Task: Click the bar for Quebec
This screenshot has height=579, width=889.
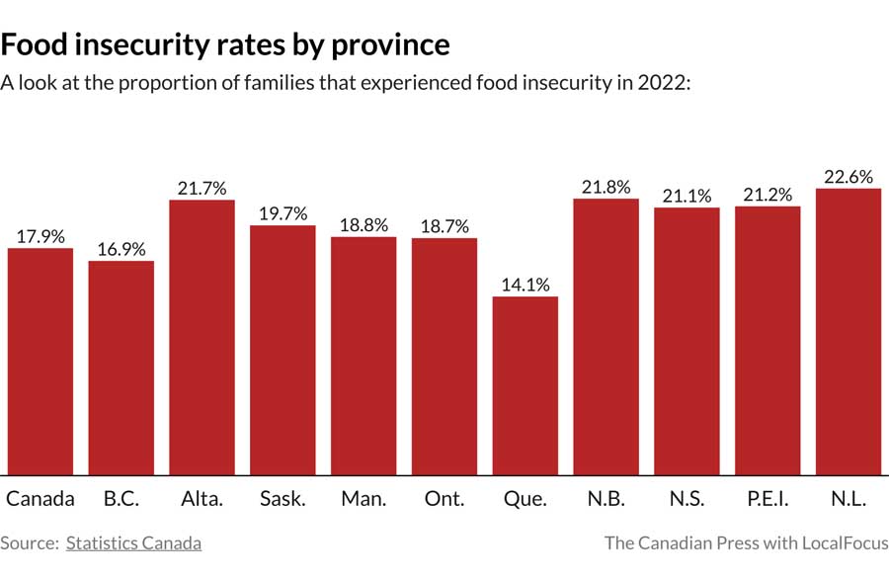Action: (525, 385)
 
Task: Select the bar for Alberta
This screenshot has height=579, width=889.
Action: (202, 337)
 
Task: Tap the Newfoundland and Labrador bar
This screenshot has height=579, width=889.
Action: (848, 331)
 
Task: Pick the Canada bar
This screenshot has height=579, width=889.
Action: (40, 361)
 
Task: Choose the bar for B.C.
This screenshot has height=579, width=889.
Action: (121, 368)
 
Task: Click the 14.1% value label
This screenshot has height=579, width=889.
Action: (525, 285)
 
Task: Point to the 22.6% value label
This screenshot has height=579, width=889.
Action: (848, 177)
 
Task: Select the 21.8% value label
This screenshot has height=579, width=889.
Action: (606, 187)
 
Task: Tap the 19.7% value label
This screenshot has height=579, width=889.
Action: (283, 213)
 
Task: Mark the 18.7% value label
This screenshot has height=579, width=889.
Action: (444, 226)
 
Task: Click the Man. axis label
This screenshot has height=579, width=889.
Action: (364, 499)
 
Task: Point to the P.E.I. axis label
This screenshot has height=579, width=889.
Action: (767, 499)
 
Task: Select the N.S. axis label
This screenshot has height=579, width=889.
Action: (686, 499)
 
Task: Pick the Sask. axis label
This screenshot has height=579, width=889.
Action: (283, 499)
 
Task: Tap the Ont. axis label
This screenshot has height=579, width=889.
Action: (444, 499)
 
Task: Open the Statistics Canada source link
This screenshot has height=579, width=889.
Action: (133, 542)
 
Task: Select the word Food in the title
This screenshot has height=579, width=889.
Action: (31, 44)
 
